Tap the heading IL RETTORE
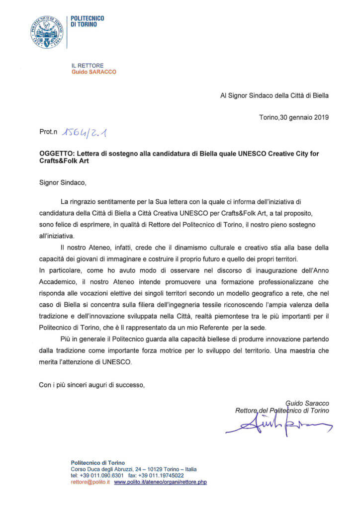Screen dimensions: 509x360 point(87,65)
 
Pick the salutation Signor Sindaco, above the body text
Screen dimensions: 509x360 point(62,182)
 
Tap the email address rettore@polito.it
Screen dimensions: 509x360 point(91,482)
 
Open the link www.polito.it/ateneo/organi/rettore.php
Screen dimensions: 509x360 point(160,482)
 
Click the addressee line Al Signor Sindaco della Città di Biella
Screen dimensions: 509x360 point(274,95)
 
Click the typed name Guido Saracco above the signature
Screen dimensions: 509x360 point(307,403)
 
